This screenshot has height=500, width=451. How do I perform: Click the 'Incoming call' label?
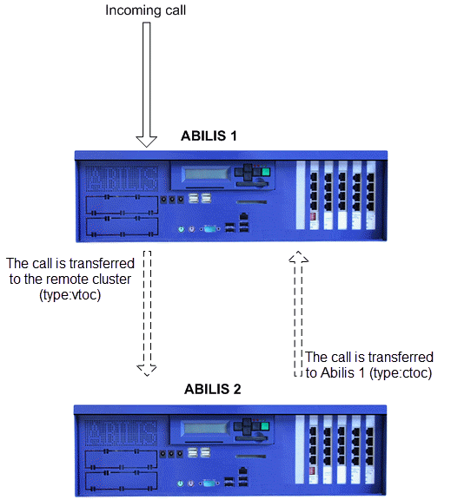[x=145, y=10]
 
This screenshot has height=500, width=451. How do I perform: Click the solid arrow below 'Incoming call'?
[x=147, y=84]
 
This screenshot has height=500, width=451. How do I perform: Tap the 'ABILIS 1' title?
[x=209, y=136]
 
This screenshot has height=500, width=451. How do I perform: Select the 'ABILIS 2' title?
[x=213, y=390]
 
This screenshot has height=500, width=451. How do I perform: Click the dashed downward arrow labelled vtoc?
[x=147, y=313]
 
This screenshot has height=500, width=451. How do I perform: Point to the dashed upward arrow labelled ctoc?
[x=298, y=313]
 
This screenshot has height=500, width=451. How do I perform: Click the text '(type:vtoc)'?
[x=70, y=295]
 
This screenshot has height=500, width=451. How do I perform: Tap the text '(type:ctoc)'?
[x=401, y=373]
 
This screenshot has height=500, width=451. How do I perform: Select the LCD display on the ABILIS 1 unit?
[x=206, y=174]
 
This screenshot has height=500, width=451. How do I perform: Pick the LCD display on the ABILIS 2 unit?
[x=205, y=428]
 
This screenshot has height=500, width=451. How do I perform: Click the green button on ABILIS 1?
[x=266, y=172]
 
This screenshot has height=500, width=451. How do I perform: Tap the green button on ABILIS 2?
[x=265, y=426]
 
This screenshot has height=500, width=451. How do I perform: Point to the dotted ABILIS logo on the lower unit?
[x=121, y=432]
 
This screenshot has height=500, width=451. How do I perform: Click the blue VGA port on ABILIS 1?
[x=209, y=228]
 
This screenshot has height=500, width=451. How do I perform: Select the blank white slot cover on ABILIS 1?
[x=301, y=195]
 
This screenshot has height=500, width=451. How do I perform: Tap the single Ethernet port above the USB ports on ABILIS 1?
[x=244, y=216]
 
